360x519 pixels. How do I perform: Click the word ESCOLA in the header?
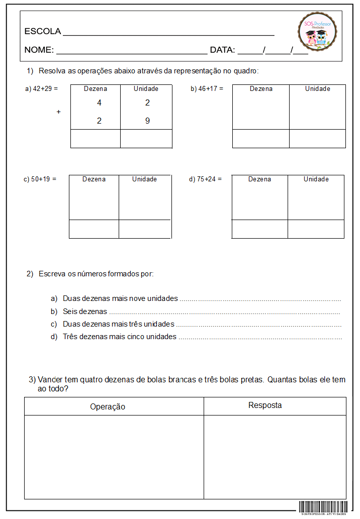(x=43, y=32)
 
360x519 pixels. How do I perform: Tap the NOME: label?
(x=39, y=50)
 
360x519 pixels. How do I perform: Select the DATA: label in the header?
(x=222, y=50)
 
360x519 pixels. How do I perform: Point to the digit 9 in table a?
(x=147, y=121)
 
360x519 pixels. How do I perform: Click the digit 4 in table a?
(x=99, y=103)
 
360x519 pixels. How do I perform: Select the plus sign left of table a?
(x=58, y=112)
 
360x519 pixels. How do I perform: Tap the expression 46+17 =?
(x=211, y=89)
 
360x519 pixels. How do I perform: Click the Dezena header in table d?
(x=259, y=179)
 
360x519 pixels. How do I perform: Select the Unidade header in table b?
(x=317, y=89)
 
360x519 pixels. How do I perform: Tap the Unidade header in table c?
(x=144, y=179)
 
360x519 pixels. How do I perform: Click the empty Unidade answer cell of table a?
(x=146, y=139)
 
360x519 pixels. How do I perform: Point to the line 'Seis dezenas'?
(x=85, y=312)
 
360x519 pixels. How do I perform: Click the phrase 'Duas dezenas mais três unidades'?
(x=118, y=324)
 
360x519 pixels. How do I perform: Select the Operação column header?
(x=108, y=407)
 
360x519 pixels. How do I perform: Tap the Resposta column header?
(x=265, y=405)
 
